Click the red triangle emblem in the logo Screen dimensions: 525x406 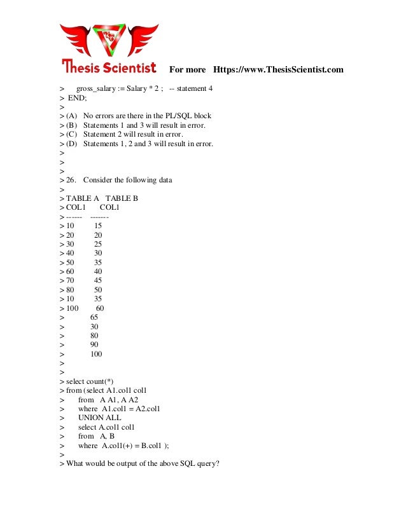(x=109, y=39)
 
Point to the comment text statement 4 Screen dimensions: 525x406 (x=195, y=88)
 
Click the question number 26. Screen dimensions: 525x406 (x=71, y=180)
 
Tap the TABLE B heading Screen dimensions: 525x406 (x=122, y=198)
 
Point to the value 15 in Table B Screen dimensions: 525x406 (x=98, y=226)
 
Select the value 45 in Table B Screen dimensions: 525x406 (x=98, y=280)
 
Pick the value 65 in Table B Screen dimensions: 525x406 (x=95, y=317)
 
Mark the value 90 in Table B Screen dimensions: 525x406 (x=95, y=344)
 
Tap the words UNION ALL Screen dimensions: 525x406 (x=99, y=418)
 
